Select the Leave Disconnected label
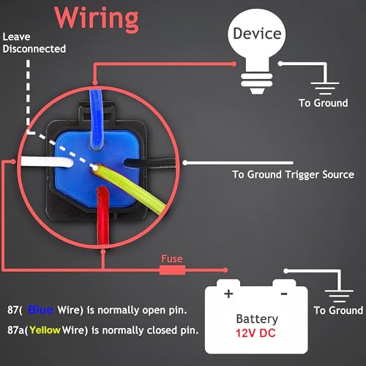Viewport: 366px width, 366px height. tap(34, 42)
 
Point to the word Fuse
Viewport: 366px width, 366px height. tap(173, 258)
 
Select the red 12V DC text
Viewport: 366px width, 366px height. tap(255, 334)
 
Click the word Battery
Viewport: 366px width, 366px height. tap(256, 318)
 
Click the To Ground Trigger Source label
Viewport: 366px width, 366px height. tap(293, 174)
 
